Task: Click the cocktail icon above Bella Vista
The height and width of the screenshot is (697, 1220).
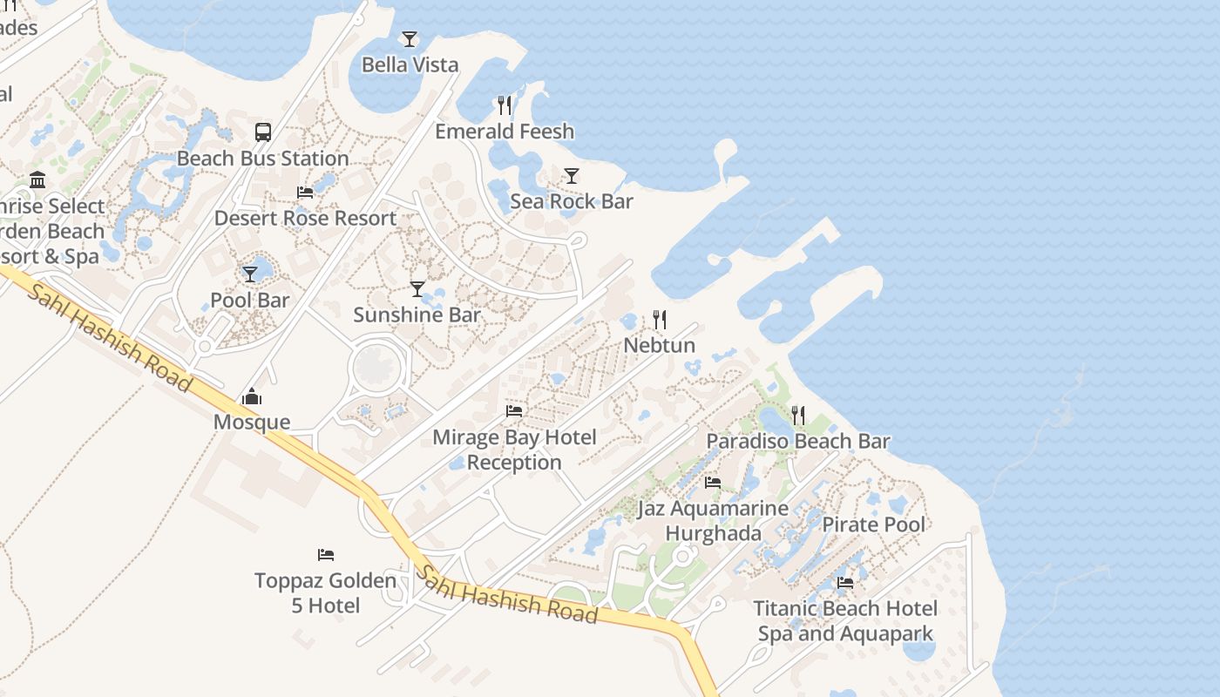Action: tap(410, 39)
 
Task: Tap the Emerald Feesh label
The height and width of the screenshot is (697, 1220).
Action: tap(505, 132)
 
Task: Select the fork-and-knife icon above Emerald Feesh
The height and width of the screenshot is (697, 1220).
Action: tap(505, 105)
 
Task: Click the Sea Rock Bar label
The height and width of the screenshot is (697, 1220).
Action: tap(571, 201)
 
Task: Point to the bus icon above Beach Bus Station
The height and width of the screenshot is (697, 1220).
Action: tap(263, 132)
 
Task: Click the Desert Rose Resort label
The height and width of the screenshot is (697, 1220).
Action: tap(305, 218)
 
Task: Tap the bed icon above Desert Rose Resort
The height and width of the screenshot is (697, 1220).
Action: tap(305, 193)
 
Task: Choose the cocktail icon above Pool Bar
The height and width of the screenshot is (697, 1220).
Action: tap(250, 274)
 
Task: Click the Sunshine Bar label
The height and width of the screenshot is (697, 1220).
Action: tap(417, 315)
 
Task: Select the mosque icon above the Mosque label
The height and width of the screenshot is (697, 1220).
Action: tap(252, 397)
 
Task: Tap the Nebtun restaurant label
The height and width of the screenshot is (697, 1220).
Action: tap(659, 345)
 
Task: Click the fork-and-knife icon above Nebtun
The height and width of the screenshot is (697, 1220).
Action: tap(660, 320)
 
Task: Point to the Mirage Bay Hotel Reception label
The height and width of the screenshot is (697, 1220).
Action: tap(514, 450)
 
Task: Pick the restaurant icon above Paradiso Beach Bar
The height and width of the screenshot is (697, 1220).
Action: tap(798, 415)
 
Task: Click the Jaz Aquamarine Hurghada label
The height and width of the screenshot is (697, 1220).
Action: tap(713, 520)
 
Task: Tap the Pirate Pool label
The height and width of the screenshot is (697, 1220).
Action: tap(874, 524)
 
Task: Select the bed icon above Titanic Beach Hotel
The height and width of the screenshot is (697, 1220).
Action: tap(845, 583)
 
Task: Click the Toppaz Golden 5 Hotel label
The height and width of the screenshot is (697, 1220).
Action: tap(325, 592)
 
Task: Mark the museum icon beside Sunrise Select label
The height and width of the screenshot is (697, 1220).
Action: tap(37, 180)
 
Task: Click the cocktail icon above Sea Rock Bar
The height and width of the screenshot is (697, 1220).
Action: tap(571, 176)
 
